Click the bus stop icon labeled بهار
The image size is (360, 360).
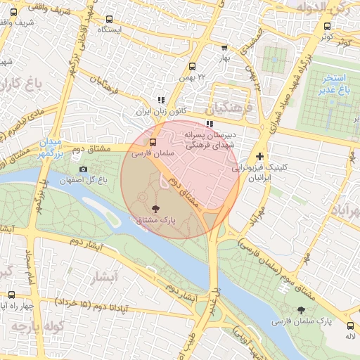tap(224, 48)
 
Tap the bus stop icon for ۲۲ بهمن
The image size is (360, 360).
tap(192, 66)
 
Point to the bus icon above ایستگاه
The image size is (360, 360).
tap(109, 20)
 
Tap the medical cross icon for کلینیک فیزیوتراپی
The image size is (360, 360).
tap(260, 156)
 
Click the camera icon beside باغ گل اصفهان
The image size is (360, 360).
tap(84, 169)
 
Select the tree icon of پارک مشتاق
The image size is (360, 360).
tap(155, 208)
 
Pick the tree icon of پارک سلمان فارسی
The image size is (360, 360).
tap(302, 310)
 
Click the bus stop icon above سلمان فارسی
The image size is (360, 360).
tap(153, 141)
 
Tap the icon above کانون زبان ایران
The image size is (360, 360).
tap(161, 101)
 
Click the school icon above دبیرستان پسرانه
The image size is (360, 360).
tap(209, 124)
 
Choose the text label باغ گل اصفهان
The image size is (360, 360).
tap(102, 181)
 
